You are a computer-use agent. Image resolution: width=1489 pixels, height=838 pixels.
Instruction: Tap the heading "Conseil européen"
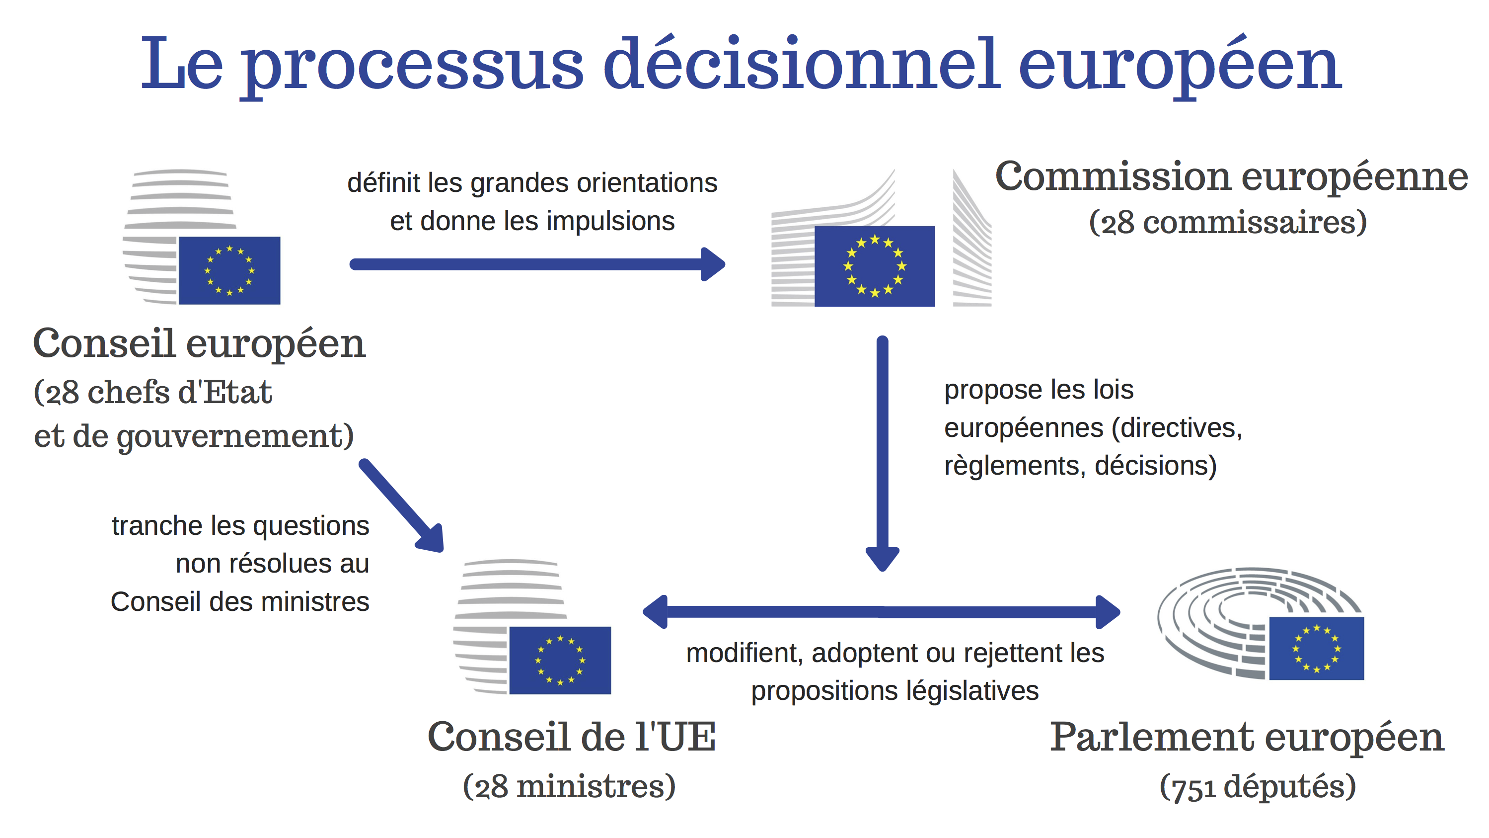click(x=200, y=343)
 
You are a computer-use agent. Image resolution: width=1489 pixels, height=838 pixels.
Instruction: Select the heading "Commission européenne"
click(x=1231, y=176)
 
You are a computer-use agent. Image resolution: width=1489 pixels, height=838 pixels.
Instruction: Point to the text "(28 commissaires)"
click(x=1228, y=222)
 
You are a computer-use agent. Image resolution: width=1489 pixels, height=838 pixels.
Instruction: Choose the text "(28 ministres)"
click(x=569, y=786)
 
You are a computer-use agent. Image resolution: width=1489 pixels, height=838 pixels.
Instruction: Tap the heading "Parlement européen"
click(x=1247, y=738)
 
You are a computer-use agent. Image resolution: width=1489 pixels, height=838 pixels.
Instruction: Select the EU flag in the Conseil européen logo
click(x=229, y=270)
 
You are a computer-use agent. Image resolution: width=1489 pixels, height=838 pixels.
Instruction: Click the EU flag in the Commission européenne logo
click(x=875, y=266)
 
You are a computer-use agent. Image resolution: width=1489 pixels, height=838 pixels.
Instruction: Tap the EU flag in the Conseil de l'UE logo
click(x=560, y=661)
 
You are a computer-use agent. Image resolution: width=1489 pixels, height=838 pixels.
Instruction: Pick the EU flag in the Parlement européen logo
click(x=1317, y=648)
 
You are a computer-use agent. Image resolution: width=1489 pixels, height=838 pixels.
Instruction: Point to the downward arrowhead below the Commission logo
click(x=882, y=559)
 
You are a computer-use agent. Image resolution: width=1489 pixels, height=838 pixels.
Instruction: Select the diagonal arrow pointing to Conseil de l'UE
click(x=401, y=506)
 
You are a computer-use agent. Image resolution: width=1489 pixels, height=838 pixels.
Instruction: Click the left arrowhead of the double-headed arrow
click(x=655, y=612)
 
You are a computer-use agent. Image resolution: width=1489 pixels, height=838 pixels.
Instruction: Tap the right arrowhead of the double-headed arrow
click(x=1108, y=612)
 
